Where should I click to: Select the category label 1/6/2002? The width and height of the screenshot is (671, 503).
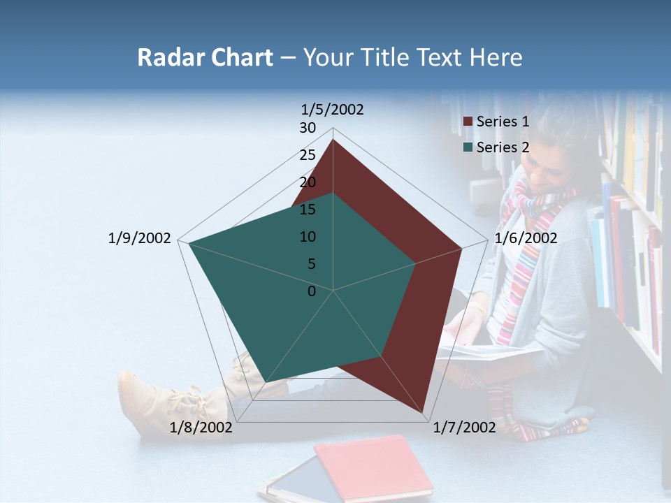526,238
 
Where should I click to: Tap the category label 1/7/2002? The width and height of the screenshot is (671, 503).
465,428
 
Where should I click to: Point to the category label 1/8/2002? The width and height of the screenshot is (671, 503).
201,428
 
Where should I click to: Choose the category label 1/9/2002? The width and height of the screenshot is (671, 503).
140,238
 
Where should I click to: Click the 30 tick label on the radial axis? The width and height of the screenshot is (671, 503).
308,128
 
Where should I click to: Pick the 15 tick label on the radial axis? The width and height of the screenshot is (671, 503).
308,210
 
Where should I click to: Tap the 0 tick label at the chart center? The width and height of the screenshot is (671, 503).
312,291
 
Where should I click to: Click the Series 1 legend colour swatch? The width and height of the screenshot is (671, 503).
468,122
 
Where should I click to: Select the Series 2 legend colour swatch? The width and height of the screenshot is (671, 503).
468,147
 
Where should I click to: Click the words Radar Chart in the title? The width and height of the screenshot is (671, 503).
205,57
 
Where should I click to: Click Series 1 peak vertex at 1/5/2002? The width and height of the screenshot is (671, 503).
333,140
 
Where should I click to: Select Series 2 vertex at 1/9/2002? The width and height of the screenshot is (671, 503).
189,243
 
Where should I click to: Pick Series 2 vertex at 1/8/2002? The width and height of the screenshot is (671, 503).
266,381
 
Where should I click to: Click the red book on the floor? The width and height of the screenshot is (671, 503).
374,466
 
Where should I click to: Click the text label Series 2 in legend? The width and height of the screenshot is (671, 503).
503,147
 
